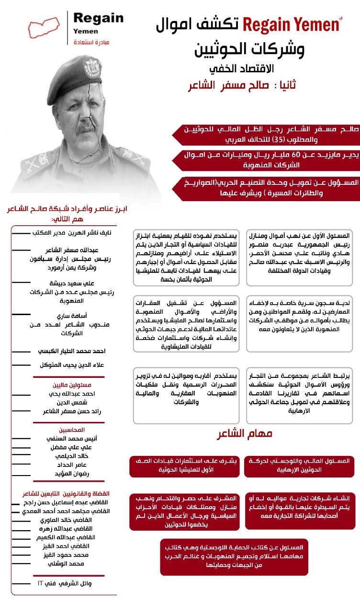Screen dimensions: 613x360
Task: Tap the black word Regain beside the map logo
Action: coord(99,19)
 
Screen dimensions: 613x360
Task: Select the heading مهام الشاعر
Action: coord(245,434)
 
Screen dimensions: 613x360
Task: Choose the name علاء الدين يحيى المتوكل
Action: coord(72,365)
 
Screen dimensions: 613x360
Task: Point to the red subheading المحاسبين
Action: coord(72,429)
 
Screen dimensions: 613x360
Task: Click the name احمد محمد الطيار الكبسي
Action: coord(72,351)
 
